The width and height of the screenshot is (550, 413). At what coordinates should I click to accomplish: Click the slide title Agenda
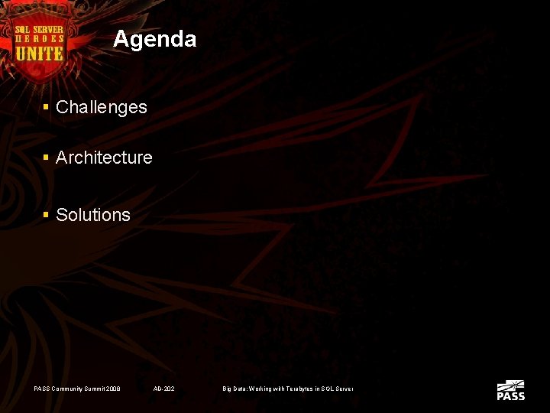tap(154, 39)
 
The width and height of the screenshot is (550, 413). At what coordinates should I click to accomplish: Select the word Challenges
tap(101, 107)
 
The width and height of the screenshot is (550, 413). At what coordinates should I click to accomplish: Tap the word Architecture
tap(104, 158)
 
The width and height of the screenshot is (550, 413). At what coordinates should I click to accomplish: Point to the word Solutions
tap(93, 215)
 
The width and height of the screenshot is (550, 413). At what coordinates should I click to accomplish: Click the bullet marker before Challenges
tap(47, 107)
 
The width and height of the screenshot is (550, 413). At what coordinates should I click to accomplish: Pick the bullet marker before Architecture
tap(47, 158)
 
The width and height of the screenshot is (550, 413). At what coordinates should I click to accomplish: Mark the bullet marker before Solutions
tap(47, 215)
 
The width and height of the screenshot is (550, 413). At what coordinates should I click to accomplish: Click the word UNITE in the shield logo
tap(40, 53)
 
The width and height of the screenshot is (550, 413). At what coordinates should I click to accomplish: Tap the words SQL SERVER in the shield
tap(40, 30)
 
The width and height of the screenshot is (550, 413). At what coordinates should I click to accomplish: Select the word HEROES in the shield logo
tap(40, 40)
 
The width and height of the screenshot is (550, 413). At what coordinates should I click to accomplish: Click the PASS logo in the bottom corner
tap(510, 391)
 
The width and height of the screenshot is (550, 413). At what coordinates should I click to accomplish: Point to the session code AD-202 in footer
tap(163, 389)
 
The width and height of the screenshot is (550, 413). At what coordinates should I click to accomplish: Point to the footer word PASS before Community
tap(41, 389)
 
